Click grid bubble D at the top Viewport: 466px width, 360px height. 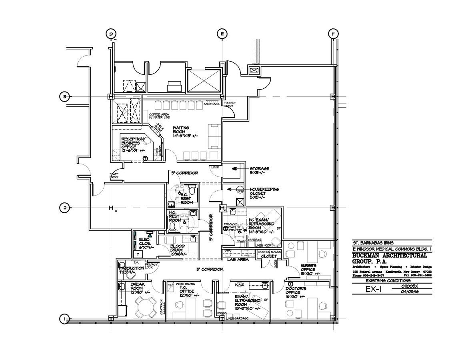(111, 34)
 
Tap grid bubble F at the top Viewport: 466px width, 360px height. (332, 34)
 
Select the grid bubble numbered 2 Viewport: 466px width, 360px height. (64, 208)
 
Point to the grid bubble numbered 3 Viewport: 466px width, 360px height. (64, 96)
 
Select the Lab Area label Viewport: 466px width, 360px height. (238, 260)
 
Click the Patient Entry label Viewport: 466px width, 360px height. (230, 105)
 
